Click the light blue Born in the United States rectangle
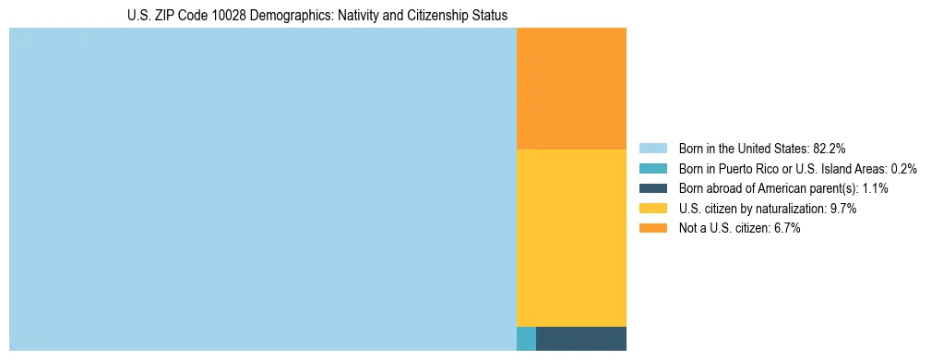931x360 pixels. click(x=262, y=189)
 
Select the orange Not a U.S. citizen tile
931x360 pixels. click(x=571, y=89)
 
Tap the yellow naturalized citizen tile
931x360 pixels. click(x=571, y=237)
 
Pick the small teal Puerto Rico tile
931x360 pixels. click(x=526, y=339)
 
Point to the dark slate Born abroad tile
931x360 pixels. click(x=581, y=339)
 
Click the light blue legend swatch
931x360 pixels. click(x=652, y=148)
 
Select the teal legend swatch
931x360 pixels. click(x=652, y=168)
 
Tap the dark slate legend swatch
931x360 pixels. click(x=652, y=188)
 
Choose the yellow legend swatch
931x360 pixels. click(x=652, y=209)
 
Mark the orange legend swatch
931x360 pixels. click(x=652, y=229)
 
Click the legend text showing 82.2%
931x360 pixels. click(x=829, y=148)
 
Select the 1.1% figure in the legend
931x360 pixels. click(x=875, y=188)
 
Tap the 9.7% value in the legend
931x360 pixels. click(x=843, y=209)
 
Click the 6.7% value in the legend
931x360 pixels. click(x=786, y=229)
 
